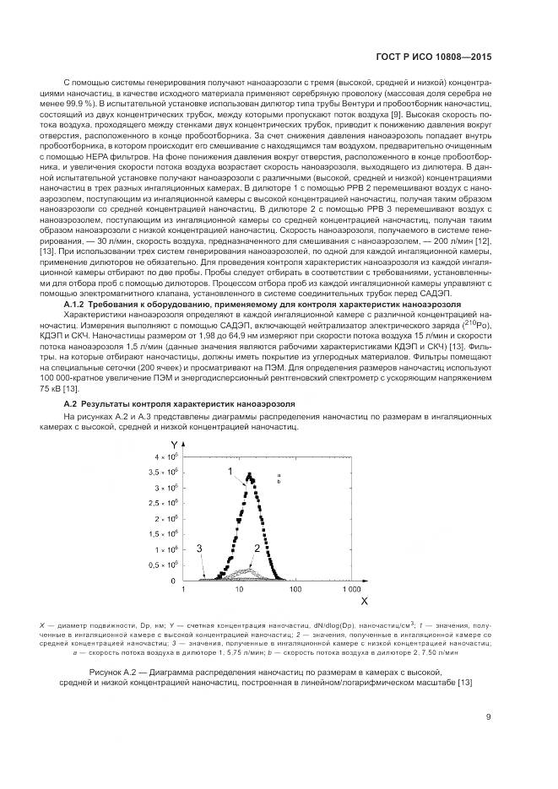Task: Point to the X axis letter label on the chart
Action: (364, 601)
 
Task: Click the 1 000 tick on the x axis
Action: (352, 590)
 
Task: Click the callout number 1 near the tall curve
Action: (229, 469)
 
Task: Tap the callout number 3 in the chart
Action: (199, 549)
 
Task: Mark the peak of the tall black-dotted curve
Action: (249, 474)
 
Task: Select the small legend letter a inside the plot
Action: (278, 476)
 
